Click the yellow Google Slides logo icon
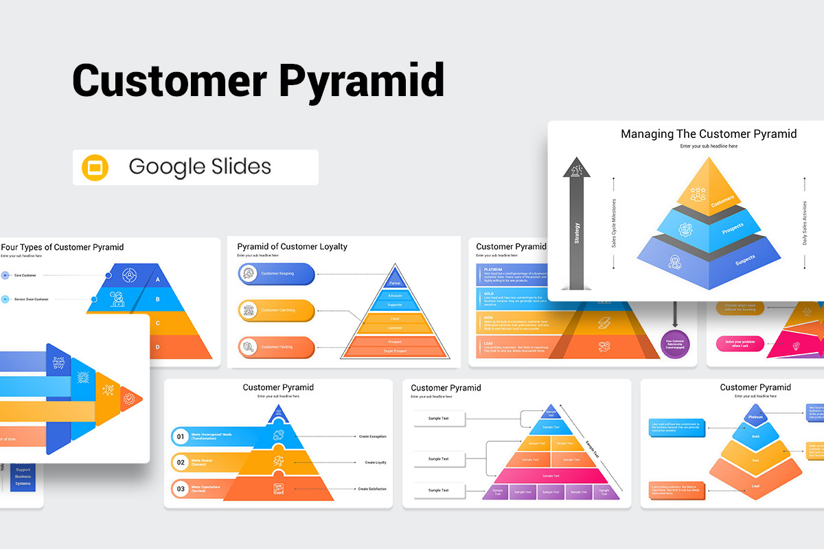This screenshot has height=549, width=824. (95, 167)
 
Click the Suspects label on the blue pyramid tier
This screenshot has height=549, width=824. (745, 259)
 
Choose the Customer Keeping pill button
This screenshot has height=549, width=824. (276, 274)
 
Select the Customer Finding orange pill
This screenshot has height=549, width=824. (276, 347)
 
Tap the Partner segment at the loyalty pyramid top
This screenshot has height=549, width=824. (395, 283)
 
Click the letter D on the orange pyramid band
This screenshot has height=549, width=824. (158, 347)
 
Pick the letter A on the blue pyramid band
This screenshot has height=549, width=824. (158, 279)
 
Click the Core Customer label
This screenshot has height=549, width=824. (25, 275)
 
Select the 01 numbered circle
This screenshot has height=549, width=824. (181, 436)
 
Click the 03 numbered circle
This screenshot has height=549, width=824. (181, 489)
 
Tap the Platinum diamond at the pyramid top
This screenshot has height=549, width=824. (756, 417)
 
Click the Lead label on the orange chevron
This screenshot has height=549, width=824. (755, 486)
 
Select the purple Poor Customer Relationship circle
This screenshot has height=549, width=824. (675, 344)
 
